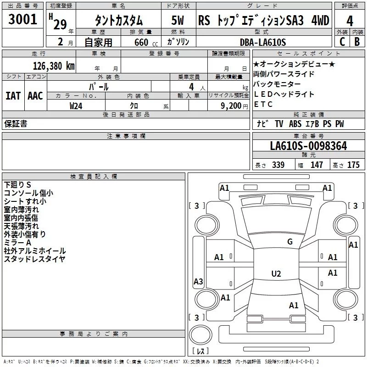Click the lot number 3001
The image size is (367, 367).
coord(22,19)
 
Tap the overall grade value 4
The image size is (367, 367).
coord(350,21)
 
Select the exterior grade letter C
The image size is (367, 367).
coord(342,42)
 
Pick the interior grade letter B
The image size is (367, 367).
coord(357,42)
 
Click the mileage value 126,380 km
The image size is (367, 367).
coord(54,66)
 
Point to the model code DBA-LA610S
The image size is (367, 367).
coord(263,42)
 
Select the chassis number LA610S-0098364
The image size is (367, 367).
coord(308,146)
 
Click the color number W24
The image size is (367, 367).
coord(76,106)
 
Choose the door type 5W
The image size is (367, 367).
coord(178,20)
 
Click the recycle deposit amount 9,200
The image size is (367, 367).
coord(231,106)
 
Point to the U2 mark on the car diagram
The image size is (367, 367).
coord(276,273)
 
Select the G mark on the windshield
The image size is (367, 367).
coord(290,242)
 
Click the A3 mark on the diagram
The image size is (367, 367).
coord(198,281)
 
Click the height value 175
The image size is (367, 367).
coord(353,165)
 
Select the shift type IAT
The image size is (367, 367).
coord(13,96)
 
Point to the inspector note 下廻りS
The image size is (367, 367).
coord(17,185)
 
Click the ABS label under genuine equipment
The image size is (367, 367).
coord(295,124)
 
